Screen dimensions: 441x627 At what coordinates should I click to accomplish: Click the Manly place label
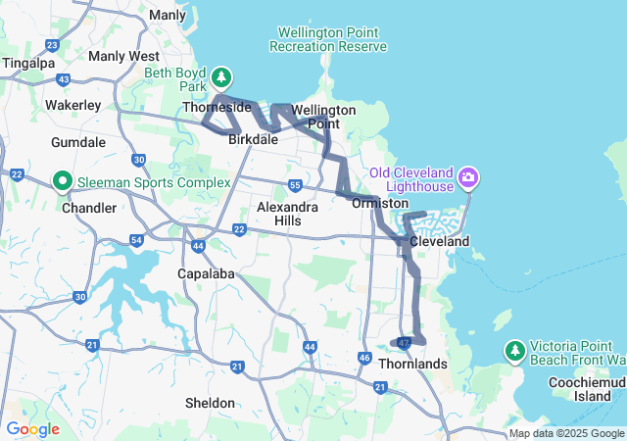(168, 15)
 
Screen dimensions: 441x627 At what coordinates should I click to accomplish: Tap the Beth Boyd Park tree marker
(222, 76)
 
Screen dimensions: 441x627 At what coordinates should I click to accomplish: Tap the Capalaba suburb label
(206, 273)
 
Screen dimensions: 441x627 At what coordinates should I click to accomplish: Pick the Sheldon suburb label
(210, 403)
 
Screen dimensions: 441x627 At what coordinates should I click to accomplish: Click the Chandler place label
(89, 208)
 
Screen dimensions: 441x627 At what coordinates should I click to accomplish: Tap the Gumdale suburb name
(78, 142)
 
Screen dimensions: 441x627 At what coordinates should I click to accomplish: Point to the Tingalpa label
(28, 63)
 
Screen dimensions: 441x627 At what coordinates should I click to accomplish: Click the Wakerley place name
(73, 104)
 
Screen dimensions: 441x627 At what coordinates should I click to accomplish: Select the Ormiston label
(380, 203)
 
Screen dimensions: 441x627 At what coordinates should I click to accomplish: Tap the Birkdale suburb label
(253, 140)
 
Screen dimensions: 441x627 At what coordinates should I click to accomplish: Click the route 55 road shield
(294, 184)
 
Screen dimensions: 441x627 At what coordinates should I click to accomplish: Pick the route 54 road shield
(136, 239)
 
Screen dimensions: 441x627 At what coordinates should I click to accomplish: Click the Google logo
(31, 429)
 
